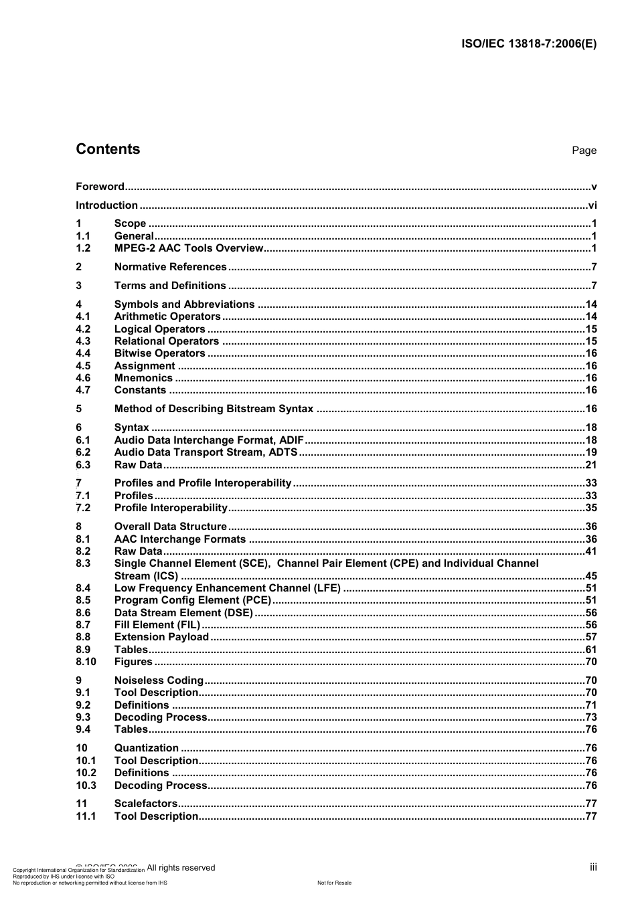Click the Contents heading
(x=108, y=149)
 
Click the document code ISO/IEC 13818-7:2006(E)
(x=528, y=44)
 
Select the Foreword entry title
(x=100, y=187)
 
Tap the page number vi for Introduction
(x=592, y=205)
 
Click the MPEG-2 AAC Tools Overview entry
(x=189, y=248)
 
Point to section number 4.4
(x=83, y=353)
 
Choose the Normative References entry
(x=170, y=267)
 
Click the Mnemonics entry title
(x=143, y=378)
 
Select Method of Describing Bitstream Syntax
(x=214, y=409)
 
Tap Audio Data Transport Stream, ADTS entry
(x=206, y=452)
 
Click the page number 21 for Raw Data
(x=590, y=465)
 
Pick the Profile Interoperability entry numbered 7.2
(x=171, y=508)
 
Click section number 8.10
(x=86, y=662)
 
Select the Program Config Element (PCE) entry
(x=192, y=600)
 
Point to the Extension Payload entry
(x=161, y=637)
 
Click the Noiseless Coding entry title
(x=159, y=681)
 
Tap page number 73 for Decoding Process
(x=590, y=717)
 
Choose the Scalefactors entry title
(x=146, y=804)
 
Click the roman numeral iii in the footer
(x=593, y=867)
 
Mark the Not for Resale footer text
(x=334, y=883)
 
